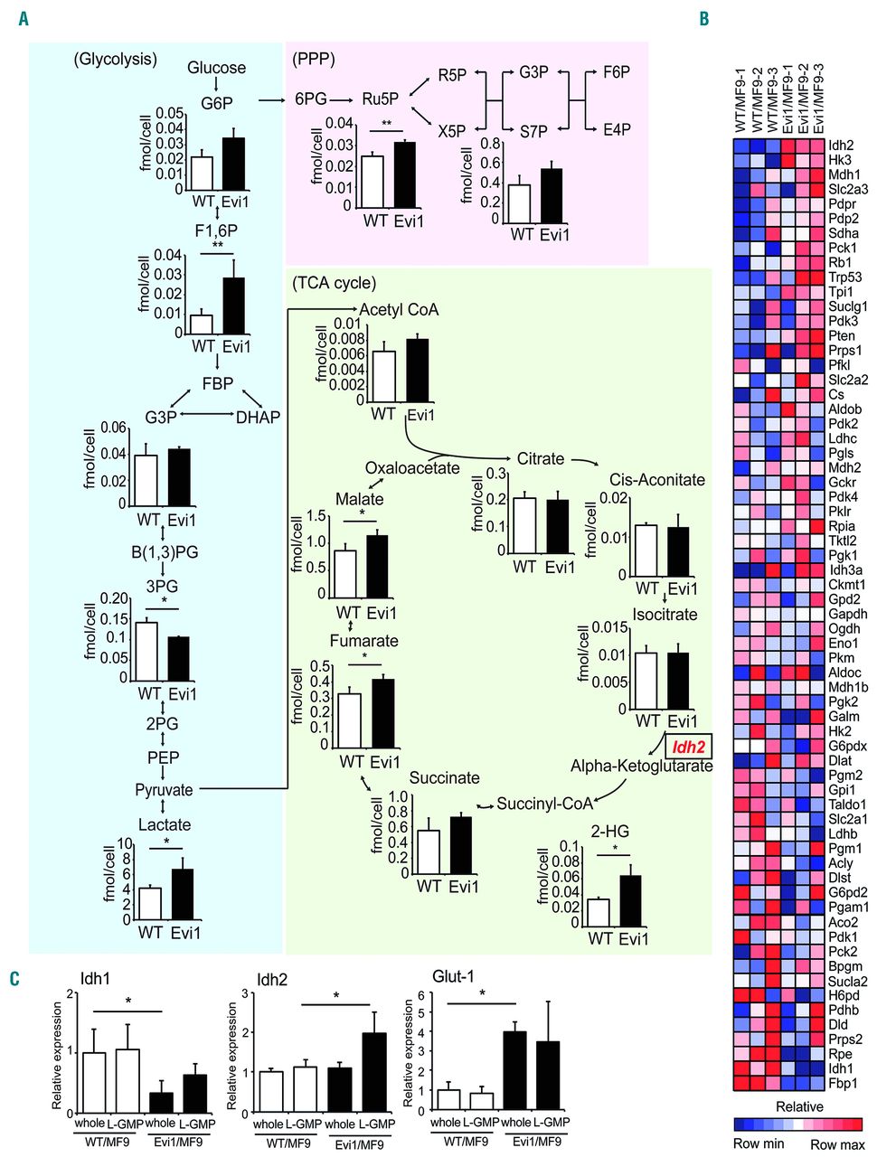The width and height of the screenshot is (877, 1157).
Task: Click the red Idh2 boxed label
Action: click(688, 747)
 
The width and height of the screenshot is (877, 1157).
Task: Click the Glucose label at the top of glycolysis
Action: click(216, 68)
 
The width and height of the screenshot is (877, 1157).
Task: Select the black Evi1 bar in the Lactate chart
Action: click(183, 892)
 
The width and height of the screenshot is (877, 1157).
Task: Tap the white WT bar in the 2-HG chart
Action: click(599, 911)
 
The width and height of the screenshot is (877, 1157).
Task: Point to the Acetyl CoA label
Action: click(399, 310)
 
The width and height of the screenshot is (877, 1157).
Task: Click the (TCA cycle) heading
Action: click(334, 283)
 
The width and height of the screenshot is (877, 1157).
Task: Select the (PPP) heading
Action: click(314, 60)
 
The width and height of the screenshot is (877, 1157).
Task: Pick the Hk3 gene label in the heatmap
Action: click(840, 159)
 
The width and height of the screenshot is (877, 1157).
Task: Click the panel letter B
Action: click(704, 18)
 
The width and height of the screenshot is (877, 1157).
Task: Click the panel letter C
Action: click(14, 979)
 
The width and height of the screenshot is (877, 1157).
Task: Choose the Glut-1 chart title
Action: click(453, 976)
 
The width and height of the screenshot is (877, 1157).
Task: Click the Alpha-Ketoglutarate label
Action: click(641, 767)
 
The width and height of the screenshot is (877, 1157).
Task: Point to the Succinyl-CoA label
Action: click(544, 803)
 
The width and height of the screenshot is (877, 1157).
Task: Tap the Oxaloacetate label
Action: click(412, 468)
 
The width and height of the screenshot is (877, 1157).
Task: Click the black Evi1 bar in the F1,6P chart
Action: click(234, 306)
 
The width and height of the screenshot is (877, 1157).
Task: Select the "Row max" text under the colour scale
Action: click(837, 1144)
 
